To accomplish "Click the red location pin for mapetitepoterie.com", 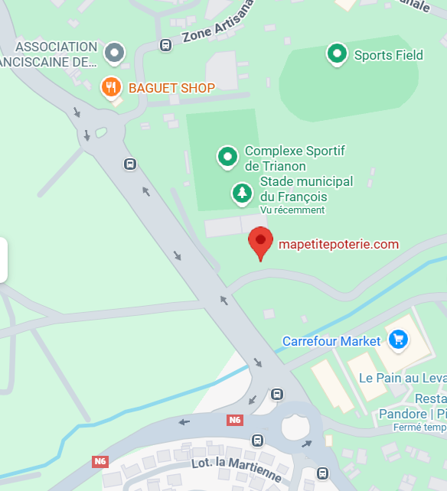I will pos(260,242).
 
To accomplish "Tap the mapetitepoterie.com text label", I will pos(338,245).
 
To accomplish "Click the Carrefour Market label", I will pos(331,341).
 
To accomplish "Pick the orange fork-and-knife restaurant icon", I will pos(112,86).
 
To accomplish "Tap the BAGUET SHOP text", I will pos(171,88).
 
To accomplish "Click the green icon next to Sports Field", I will pos(337,54).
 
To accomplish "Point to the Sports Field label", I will pos(388,55).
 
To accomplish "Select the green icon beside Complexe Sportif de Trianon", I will pos(227,157).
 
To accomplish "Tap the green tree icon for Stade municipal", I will pos(242,193).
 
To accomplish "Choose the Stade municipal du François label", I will pos(306,189).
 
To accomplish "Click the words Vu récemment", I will pos(292,210).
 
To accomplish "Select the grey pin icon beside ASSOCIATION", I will pos(114,53).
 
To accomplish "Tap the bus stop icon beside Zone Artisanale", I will pos(165,45).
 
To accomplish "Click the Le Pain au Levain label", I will pos(403,378).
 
